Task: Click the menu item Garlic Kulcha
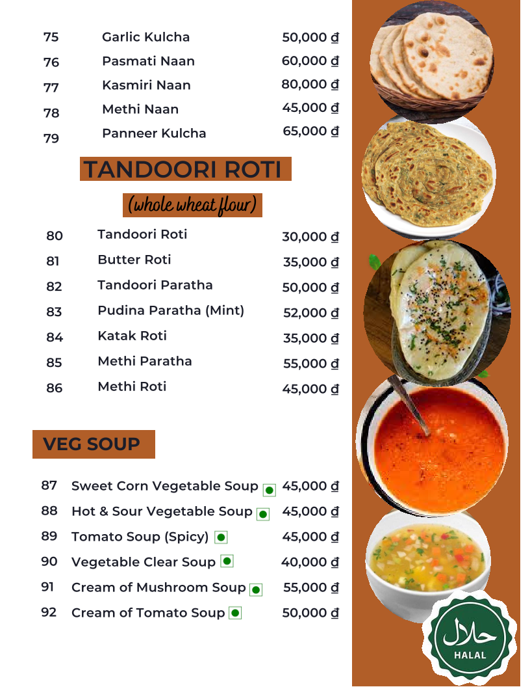click(x=145, y=37)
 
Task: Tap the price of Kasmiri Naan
click(x=310, y=85)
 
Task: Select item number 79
click(x=51, y=139)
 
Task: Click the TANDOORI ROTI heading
click(x=184, y=169)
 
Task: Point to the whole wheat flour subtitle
click(x=192, y=205)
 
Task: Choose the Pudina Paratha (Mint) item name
click(x=171, y=310)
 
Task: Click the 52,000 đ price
click(x=310, y=313)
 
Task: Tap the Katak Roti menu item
click(x=132, y=336)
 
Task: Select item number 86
click(x=55, y=388)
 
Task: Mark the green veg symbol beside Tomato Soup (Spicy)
click(x=221, y=537)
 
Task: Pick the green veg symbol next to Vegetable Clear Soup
click(x=227, y=561)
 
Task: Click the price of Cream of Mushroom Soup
click(x=310, y=587)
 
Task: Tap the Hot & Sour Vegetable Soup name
click(x=162, y=511)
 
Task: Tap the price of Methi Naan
click(x=310, y=108)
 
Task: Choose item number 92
click(x=49, y=612)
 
